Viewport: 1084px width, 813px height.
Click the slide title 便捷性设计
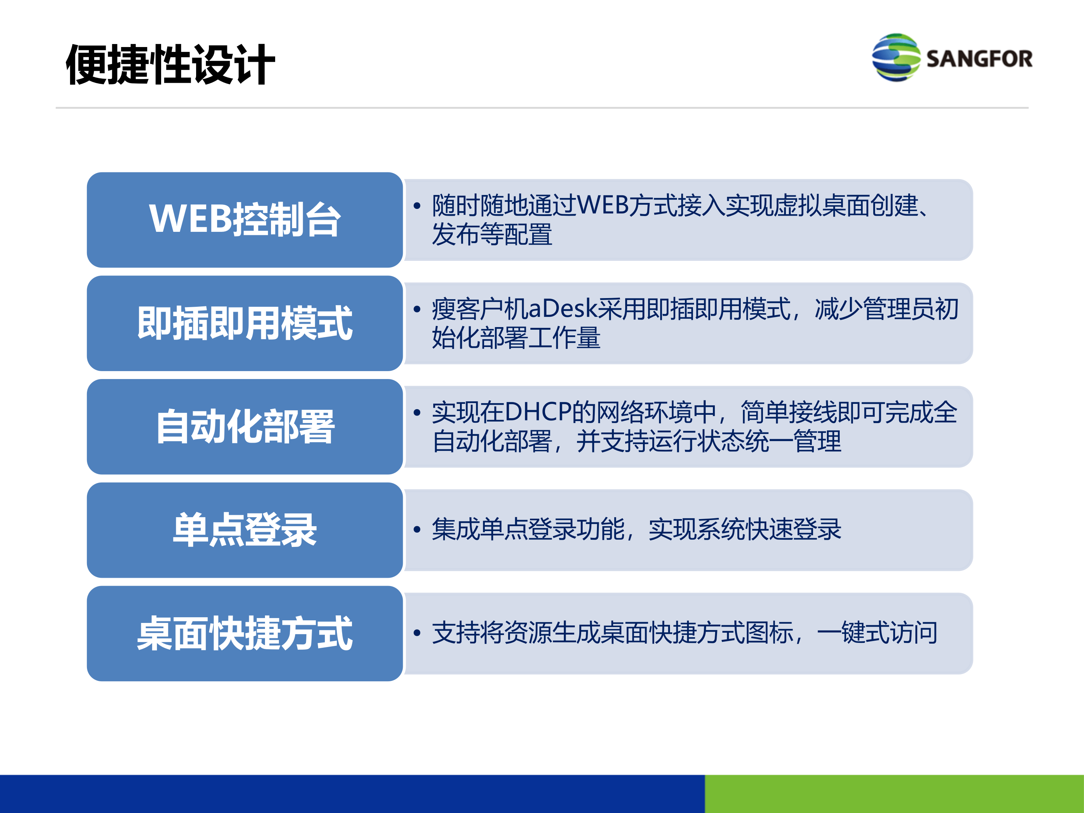[x=170, y=64]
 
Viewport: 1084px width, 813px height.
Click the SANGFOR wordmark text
[x=979, y=59]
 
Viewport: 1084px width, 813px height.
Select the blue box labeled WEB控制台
[x=245, y=219]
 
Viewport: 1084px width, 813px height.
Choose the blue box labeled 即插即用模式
[x=245, y=323]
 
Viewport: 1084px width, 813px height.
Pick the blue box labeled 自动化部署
[x=245, y=426]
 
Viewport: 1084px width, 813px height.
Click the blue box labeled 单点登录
[x=245, y=530]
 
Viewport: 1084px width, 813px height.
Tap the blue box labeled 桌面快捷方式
[x=245, y=633]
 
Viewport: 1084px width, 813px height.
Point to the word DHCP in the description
[x=537, y=412]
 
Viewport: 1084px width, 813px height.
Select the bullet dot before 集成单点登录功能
[x=417, y=529]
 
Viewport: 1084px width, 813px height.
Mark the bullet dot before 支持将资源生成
[x=417, y=633]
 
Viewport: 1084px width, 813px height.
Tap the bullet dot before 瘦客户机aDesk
[x=417, y=309]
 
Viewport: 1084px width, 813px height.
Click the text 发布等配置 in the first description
[x=492, y=234]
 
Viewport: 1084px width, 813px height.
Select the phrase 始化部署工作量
[x=516, y=338]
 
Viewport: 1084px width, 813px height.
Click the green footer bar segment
[x=894, y=793]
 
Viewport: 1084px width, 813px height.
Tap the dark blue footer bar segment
[x=352, y=793]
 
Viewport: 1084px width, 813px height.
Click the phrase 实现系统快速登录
[x=744, y=529]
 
